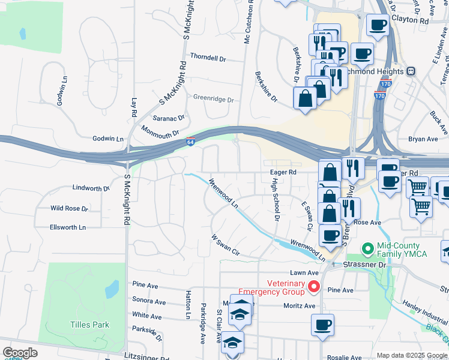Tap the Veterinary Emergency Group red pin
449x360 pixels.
click(313, 288)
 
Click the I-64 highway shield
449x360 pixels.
click(190, 142)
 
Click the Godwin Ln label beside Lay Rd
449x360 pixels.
click(108, 139)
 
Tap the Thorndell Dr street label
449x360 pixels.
click(208, 58)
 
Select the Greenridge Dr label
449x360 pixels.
click(212, 98)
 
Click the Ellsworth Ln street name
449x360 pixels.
click(68, 227)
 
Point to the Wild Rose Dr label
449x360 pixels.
click(69, 209)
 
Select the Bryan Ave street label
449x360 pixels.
click(423, 139)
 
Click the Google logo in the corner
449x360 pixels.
click(19, 352)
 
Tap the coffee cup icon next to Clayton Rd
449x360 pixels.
click(378, 26)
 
